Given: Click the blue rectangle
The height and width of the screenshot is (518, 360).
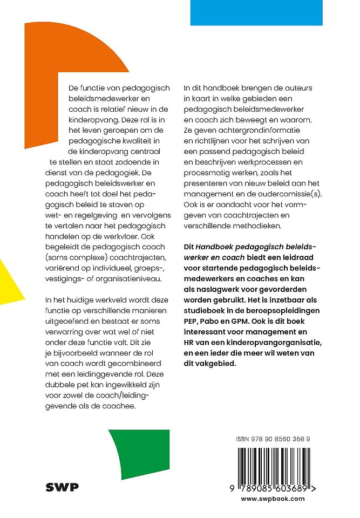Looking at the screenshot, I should [x=256, y=12].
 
